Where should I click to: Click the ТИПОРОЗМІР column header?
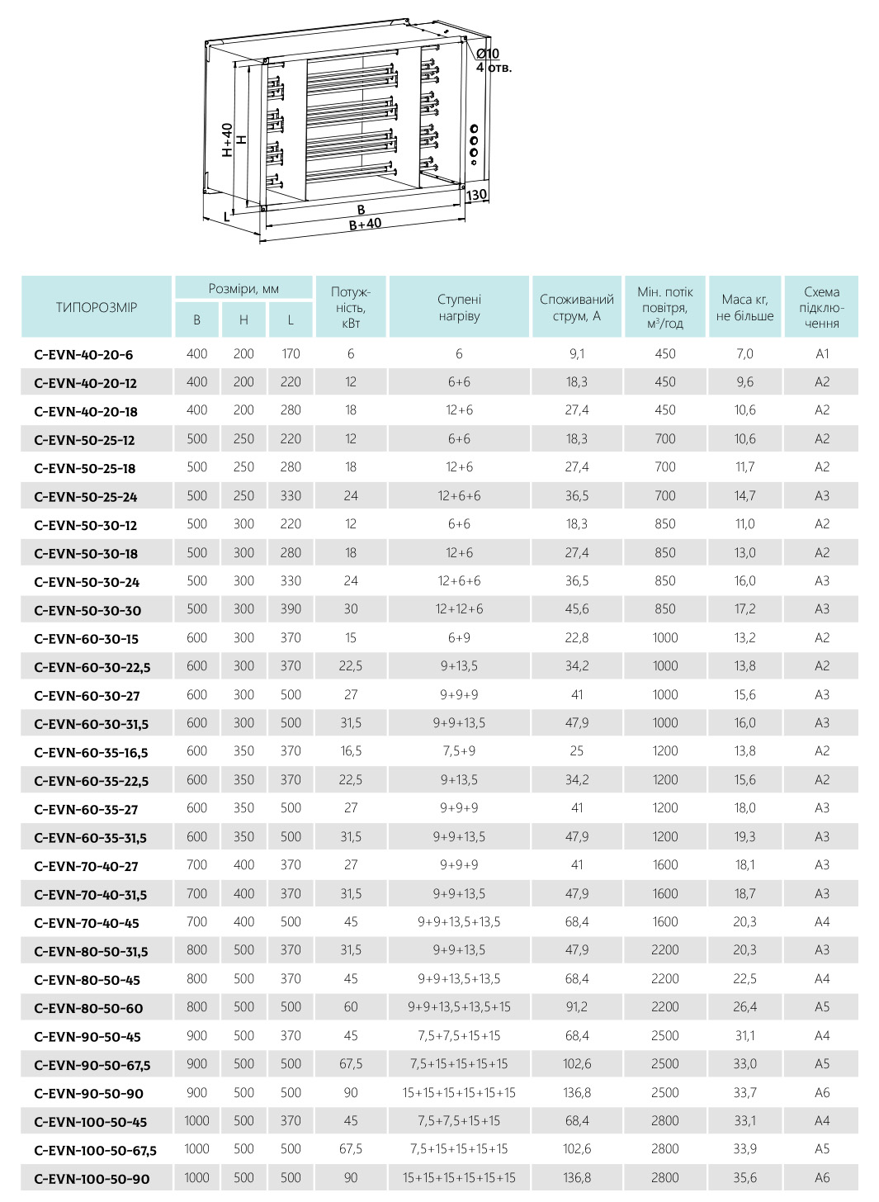tap(97, 307)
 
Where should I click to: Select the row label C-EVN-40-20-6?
tap(83, 355)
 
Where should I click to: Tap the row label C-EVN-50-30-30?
tap(87, 611)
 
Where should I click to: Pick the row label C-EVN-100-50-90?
tap(92, 1179)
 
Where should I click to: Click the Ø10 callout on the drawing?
tap(488, 54)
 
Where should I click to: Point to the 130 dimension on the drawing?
tap(476, 196)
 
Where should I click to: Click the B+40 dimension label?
tap(365, 224)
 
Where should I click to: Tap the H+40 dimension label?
tap(227, 140)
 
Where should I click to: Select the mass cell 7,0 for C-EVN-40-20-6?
tap(744, 354)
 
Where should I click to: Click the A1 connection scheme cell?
tap(822, 354)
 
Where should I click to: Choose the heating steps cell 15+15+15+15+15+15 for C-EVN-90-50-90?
tap(459, 1093)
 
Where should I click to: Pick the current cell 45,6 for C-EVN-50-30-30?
tap(577, 609)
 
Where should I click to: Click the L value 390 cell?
tap(291, 609)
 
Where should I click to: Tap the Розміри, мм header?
tap(243, 289)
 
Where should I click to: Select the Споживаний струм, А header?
tap(577, 307)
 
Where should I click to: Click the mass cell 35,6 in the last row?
tap(744, 1178)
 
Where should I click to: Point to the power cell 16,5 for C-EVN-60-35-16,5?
tap(351, 751)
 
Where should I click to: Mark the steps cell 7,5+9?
tap(459, 751)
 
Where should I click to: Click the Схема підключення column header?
tap(821, 307)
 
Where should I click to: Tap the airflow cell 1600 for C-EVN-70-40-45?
tap(664, 922)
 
